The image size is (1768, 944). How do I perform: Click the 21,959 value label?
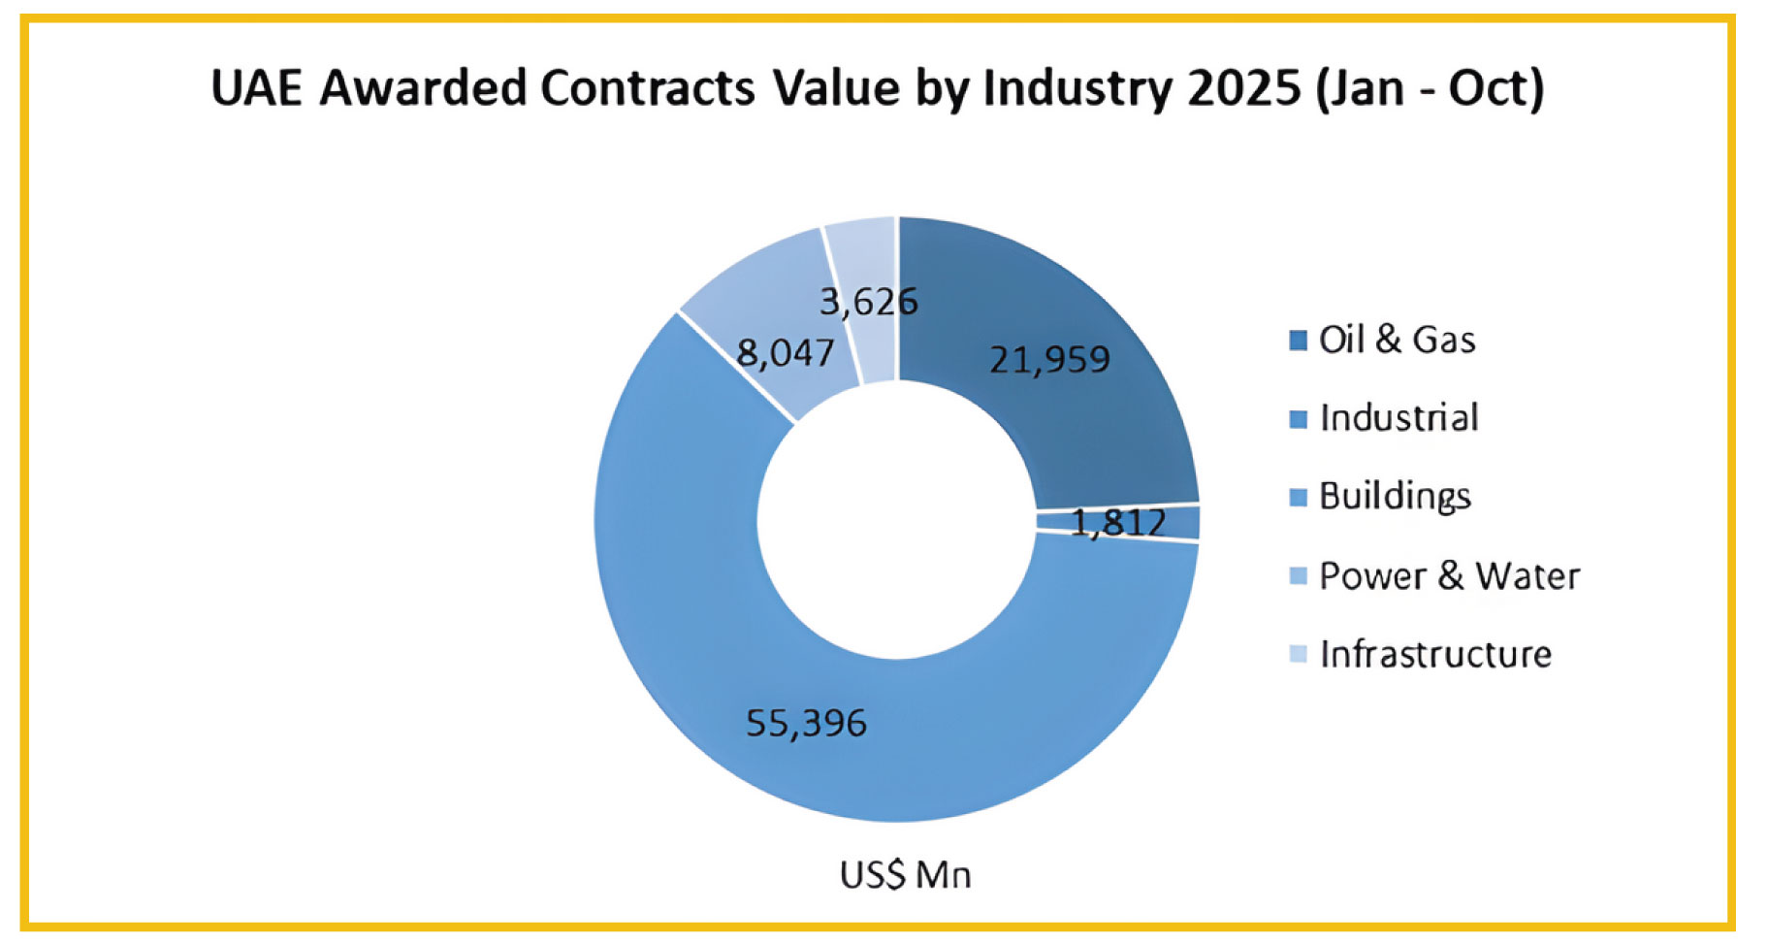1049,360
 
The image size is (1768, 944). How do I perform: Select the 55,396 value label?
806,724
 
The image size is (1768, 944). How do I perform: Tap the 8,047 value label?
786,353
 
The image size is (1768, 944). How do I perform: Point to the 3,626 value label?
869,303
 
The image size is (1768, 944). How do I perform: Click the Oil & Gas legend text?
1397,341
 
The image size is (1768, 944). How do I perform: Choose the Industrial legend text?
1398,418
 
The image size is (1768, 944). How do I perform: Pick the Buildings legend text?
1395,497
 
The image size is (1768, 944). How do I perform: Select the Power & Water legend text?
1449,576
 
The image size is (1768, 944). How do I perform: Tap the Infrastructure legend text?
1435,655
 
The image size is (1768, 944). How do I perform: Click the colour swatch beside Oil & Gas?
1299,342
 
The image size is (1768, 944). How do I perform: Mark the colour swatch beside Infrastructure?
1299,655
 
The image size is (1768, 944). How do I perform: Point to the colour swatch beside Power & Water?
1299,576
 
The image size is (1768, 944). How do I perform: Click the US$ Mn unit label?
905,875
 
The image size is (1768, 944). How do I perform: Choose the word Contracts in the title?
647,89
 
